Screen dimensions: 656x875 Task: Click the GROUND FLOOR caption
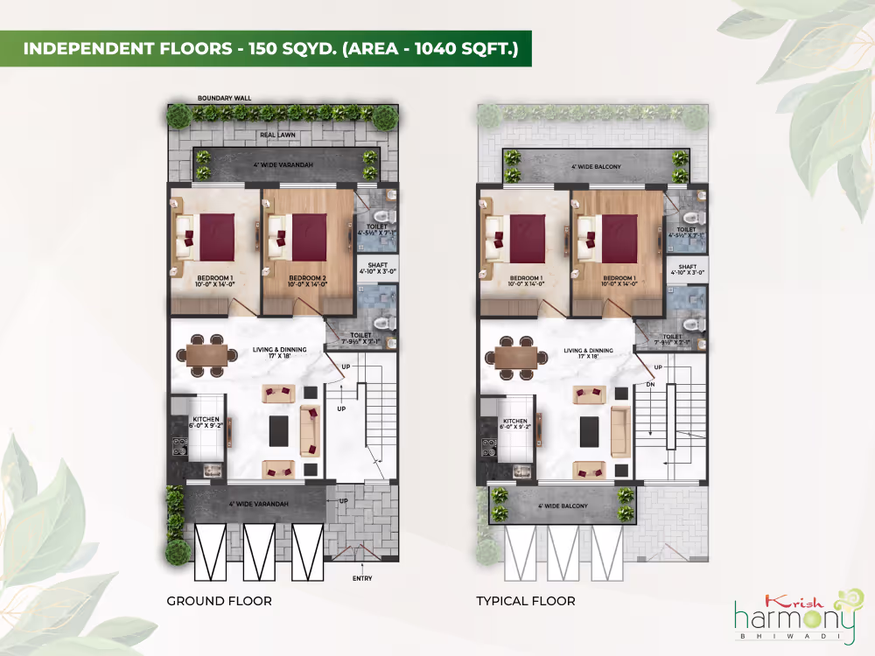(x=219, y=601)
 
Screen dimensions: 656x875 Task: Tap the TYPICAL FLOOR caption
(x=525, y=601)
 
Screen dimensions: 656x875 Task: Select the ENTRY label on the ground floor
(x=361, y=578)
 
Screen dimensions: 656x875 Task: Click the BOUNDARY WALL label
(x=224, y=98)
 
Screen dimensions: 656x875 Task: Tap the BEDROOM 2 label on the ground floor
(x=307, y=280)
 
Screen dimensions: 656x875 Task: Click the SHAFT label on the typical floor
(x=687, y=269)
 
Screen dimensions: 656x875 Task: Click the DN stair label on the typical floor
(x=650, y=384)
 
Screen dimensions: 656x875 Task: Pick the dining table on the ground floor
(x=206, y=354)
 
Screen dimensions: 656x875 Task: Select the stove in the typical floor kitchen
(x=487, y=445)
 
